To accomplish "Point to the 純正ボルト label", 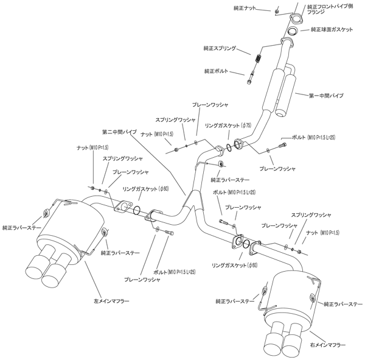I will (x=217, y=71).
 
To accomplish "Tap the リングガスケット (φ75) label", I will (x=228, y=125).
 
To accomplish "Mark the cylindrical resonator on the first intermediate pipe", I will (x=278, y=91).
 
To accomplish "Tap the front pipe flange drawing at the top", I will (x=293, y=17).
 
